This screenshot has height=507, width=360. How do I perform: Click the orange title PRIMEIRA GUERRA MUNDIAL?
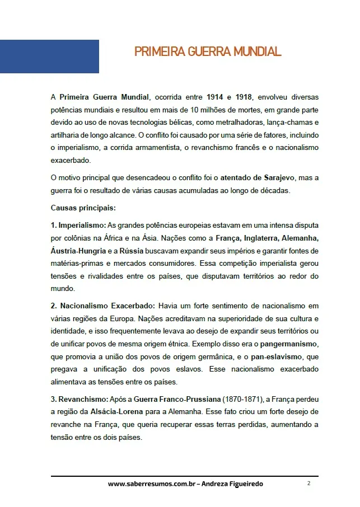pos(208,52)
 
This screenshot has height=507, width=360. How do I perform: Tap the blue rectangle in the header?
pos(49,57)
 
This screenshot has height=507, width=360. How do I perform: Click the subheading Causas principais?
pos(83,208)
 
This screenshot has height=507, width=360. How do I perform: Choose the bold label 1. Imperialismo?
pos(78,224)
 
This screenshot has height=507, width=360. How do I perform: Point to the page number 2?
pos(308,483)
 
